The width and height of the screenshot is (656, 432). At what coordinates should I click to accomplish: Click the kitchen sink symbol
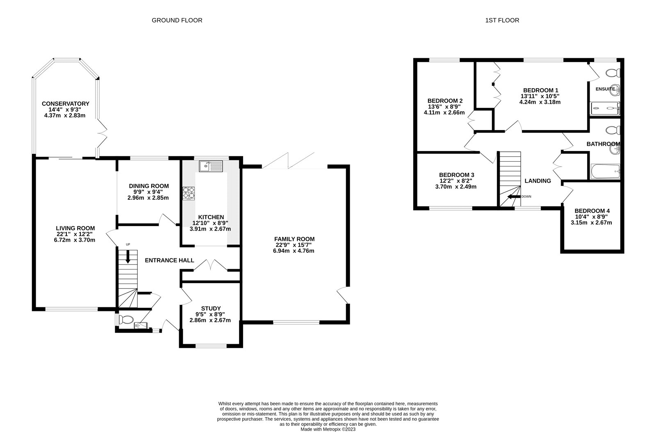tap(211, 166)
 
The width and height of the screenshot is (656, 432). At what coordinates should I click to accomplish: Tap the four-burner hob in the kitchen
tap(189, 194)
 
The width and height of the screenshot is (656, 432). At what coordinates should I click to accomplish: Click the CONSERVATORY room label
tap(66, 104)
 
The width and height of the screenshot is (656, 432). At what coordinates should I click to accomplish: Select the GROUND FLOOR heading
tap(177, 20)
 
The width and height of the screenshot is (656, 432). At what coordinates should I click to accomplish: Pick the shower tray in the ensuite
tap(605, 109)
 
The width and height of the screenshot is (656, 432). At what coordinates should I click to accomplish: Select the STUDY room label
tap(211, 309)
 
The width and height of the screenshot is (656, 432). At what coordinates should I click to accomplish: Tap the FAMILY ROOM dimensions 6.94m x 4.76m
tap(294, 251)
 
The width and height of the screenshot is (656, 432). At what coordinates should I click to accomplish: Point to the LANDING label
tap(538, 181)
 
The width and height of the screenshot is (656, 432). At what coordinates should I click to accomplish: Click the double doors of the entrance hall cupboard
tap(210, 265)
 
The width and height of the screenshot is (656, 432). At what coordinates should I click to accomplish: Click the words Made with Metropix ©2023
tap(328, 429)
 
